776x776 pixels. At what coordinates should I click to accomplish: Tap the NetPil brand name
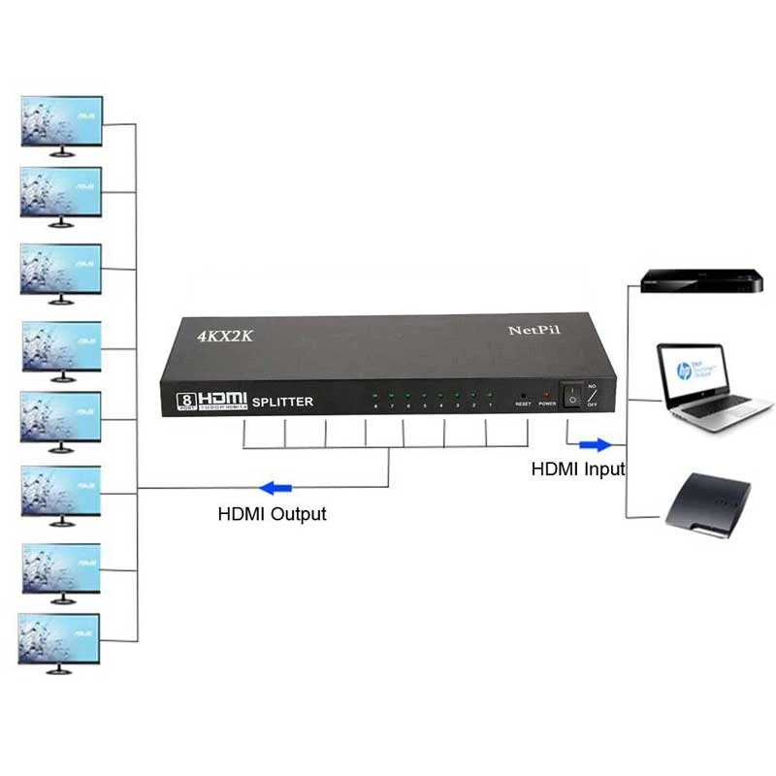click(534, 330)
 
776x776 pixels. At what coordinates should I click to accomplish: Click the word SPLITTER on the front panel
click(281, 402)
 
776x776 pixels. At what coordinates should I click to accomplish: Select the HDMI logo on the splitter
click(224, 398)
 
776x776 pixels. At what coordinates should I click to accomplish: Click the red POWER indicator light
click(547, 395)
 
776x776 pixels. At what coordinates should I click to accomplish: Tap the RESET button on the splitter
click(524, 395)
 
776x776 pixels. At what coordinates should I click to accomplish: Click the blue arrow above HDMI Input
click(595, 445)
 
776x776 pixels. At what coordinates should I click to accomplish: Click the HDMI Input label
click(578, 469)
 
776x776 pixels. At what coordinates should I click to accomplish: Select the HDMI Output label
click(272, 514)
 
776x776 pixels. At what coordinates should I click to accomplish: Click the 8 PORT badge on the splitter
click(185, 400)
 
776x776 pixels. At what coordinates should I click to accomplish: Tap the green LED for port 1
click(491, 395)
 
